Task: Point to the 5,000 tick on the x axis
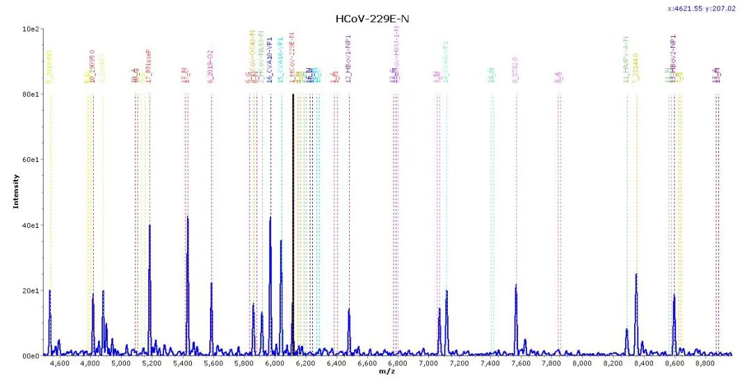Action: tap(121, 363)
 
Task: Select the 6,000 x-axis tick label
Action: tap(275, 363)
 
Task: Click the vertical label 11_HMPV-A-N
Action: tap(627, 60)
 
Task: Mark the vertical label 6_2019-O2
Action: tap(211, 68)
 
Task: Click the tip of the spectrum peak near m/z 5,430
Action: tap(187, 218)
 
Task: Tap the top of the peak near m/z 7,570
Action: tap(516, 285)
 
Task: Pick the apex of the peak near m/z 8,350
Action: tap(636, 275)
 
